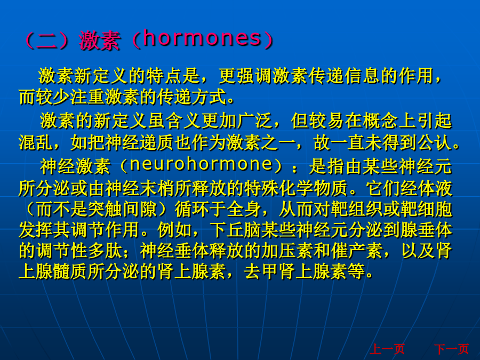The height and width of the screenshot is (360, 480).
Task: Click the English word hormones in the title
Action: (202, 38)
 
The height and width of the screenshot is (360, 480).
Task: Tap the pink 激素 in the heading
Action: (99, 41)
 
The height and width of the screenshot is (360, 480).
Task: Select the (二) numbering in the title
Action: (47, 41)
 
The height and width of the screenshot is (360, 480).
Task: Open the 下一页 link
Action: (452, 349)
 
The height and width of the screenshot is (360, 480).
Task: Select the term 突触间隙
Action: (123, 210)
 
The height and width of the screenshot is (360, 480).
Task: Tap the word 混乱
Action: (36, 142)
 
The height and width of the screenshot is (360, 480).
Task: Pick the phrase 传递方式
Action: (192, 98)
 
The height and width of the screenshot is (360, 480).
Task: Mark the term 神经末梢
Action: (140, 188)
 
